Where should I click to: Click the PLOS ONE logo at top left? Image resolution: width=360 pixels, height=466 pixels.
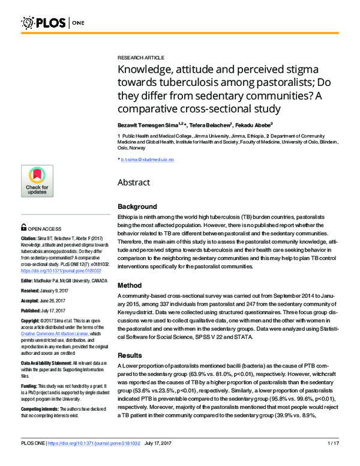(45, 23)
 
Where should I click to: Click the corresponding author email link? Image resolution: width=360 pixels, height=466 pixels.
(147, 159)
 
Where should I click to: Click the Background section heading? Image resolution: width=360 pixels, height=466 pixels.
(137, 207)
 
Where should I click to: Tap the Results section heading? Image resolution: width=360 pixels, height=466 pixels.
(130, 356)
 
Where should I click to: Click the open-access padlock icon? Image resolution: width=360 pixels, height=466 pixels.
(23, 228)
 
